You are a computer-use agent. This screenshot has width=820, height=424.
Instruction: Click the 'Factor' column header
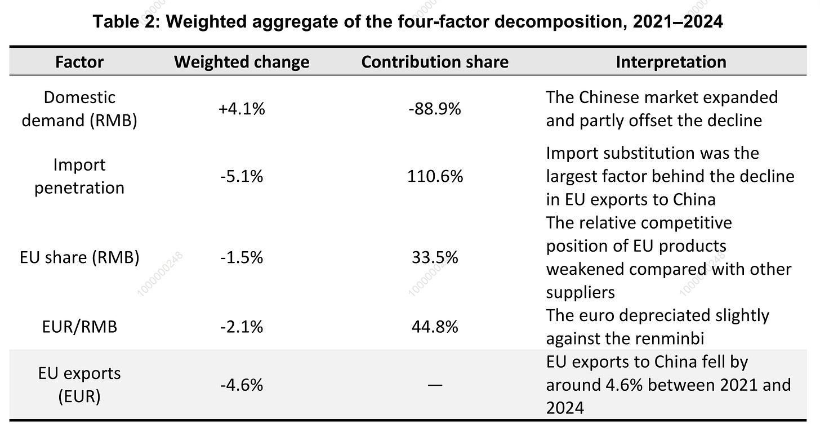click(79, 62)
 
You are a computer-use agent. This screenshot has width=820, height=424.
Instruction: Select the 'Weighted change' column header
click(242, 62)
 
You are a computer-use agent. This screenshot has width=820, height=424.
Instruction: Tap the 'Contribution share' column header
click(435, 62)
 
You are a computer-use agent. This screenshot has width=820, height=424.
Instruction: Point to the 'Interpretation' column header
click(671, 62)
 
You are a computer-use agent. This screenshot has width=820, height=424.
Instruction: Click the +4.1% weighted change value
click(242, 109)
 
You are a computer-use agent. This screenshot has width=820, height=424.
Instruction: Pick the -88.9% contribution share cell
click(435, 109)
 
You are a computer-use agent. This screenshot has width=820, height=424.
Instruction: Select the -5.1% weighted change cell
click(242, 176)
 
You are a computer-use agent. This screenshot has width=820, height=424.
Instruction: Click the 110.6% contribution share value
click(435, 176)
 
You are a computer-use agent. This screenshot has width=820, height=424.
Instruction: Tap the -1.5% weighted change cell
click(242, 257)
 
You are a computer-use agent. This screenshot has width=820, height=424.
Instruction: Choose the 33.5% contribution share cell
click(435, 257)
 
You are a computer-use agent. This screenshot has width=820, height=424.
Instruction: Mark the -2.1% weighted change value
click(242, 327)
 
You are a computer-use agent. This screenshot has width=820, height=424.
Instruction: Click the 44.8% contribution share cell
click(435, 327)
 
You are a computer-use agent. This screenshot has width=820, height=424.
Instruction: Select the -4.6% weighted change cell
click(242, 385)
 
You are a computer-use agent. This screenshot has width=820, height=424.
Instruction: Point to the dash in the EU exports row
click(435, 385)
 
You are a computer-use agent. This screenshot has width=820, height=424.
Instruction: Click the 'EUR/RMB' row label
click(79, 327)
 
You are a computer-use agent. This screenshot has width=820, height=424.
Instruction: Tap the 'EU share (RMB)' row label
click(79, 257)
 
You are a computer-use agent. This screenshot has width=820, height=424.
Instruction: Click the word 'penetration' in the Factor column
click(79, 188)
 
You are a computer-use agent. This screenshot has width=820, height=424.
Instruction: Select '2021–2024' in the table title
click(678, 21)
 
